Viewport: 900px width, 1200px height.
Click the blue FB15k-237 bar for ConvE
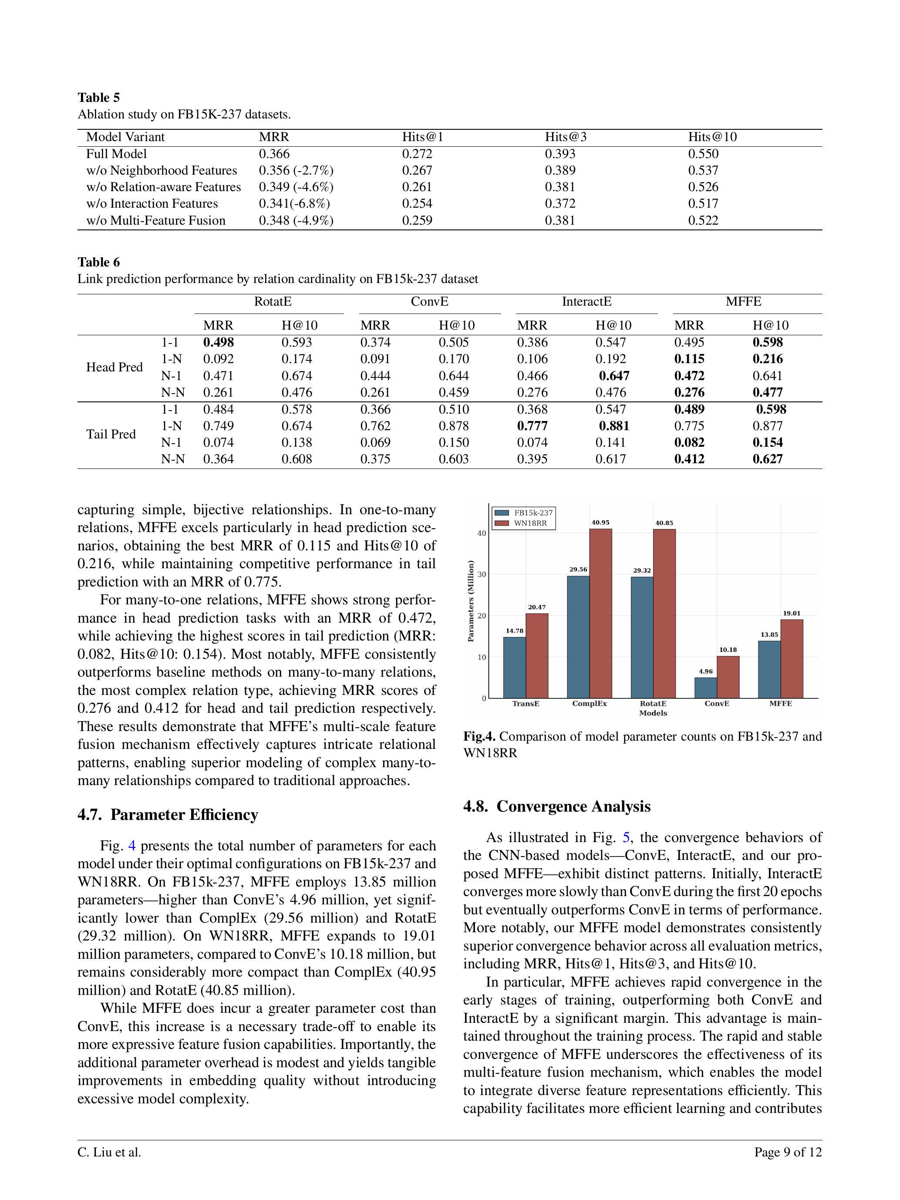coord(705,688)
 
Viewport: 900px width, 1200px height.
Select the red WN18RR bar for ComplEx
coord(600,613)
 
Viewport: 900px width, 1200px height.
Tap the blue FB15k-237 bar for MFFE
coord(769,669)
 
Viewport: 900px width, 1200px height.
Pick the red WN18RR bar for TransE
coord(536,655)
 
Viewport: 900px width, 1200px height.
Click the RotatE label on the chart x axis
coord(653,704)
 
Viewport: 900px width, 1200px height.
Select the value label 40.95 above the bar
coord(600,522)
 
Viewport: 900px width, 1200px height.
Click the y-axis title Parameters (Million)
coord(470,601)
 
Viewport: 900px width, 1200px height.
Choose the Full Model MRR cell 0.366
coord(274,154)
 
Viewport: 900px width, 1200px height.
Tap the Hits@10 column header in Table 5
coord(712,137)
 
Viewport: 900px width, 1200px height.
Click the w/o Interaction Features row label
coord(152,203)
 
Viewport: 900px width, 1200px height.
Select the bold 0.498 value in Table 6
coord(218,342)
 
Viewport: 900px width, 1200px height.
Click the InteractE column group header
coord(587,302)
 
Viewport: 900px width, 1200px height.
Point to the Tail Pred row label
coord(111,434)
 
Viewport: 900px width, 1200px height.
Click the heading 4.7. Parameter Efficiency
coord(168,815)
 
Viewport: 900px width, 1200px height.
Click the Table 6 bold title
coord(99,263)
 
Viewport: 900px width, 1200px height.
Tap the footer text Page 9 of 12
coord(788,1167)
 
